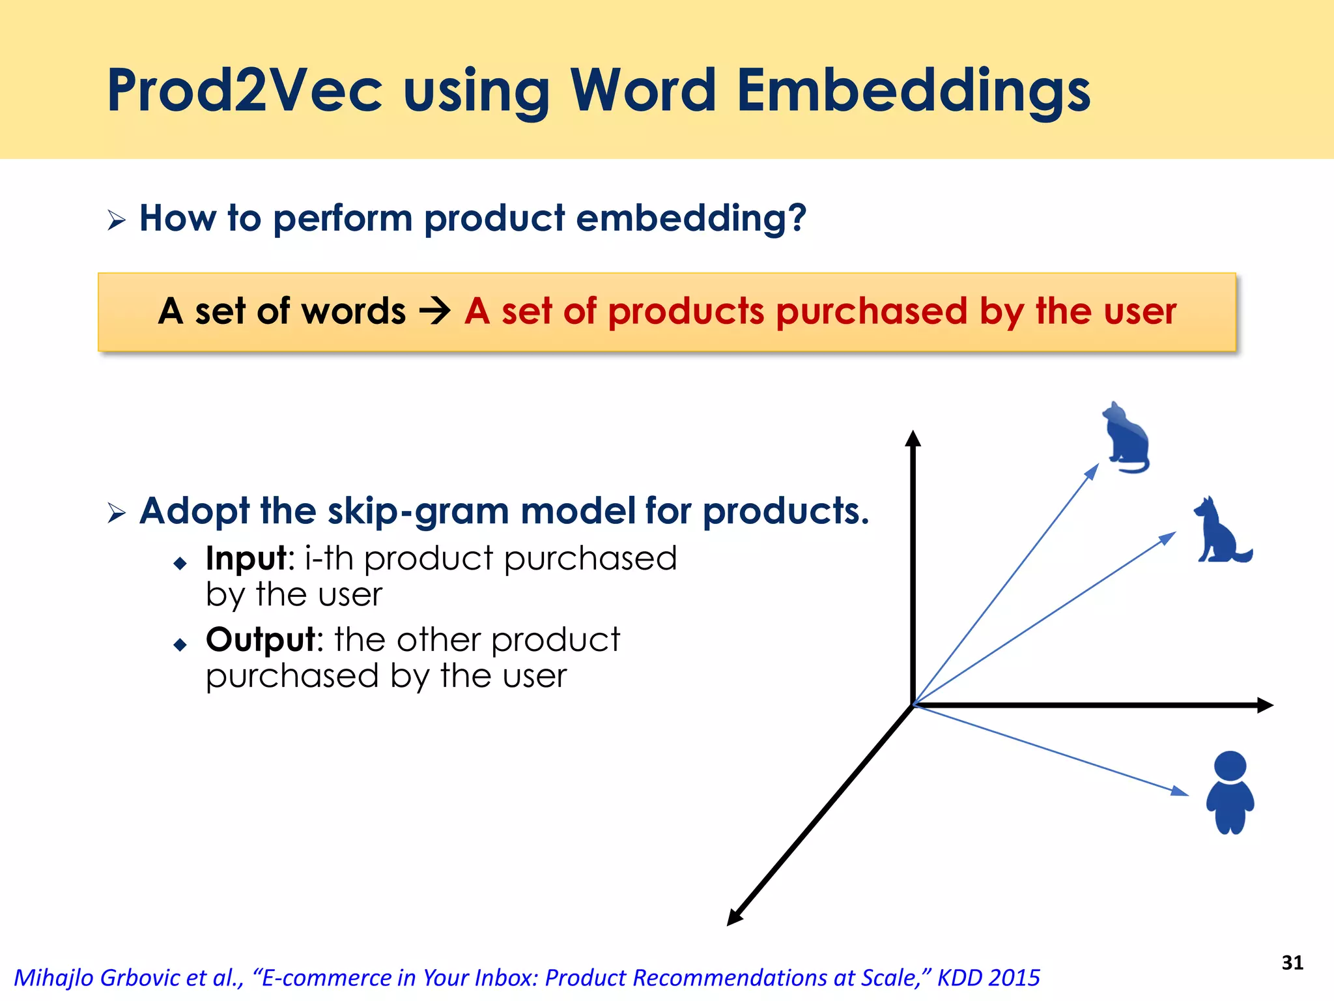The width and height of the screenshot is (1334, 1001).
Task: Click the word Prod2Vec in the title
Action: (244, 91)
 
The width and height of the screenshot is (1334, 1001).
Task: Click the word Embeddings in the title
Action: (913, 91)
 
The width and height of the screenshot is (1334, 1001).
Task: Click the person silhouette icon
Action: (1230, 792)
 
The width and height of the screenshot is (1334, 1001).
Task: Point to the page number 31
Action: (1292, 963)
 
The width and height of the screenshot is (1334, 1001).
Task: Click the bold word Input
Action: (246, 559)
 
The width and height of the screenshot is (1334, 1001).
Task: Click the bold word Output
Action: (260, 640)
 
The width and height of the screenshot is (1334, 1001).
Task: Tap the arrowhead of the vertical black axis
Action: (913, 438)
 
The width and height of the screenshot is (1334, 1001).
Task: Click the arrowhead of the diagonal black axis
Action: (734, 918)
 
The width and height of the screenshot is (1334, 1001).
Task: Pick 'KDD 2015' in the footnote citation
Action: (988, 978)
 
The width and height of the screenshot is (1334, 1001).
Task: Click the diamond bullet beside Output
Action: (180, 645)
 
